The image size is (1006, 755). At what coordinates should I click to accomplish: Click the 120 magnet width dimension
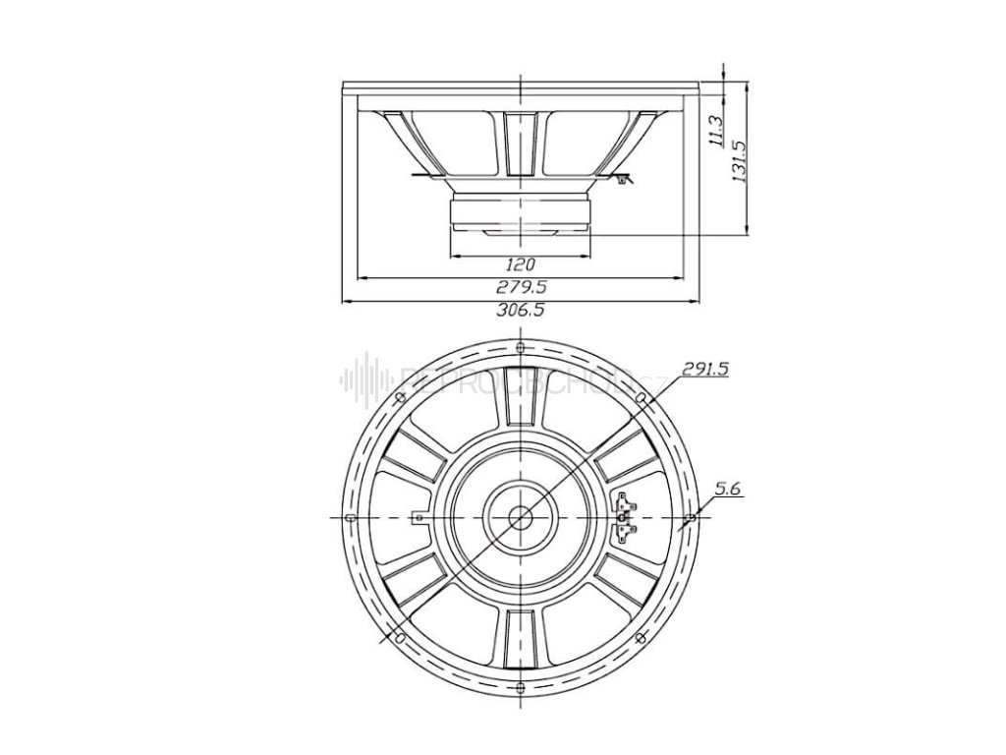[520, 263]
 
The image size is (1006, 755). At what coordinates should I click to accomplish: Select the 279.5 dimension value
[521, 287]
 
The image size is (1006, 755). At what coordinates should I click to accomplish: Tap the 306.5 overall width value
[521, 310]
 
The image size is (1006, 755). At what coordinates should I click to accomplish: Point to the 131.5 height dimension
[741, 159]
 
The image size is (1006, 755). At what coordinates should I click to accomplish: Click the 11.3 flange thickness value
[716, 131]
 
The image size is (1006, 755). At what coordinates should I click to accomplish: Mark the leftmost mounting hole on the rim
[351, 517]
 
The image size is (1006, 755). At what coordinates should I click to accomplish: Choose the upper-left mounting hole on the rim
[400, 397]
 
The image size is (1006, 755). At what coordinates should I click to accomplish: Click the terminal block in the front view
[625, 517]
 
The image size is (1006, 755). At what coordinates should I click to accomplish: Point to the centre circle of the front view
[520, 515]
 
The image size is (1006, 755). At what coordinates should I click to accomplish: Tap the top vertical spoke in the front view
[520, 414]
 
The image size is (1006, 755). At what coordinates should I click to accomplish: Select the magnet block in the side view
[520, 211]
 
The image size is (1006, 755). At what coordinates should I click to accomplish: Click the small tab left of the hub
[419, 516]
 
